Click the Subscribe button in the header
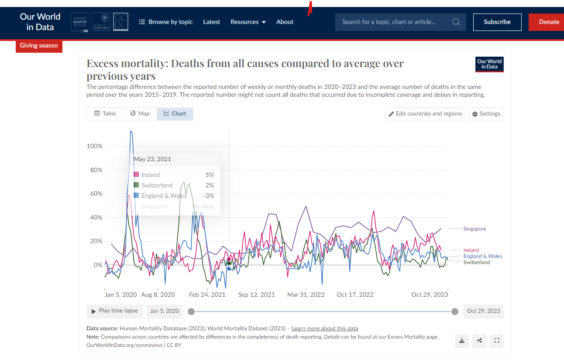497,22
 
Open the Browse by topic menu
166,22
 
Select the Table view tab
105,114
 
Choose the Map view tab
140,114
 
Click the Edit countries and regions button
425,114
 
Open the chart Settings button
486,114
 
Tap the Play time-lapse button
115,311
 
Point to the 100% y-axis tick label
95,146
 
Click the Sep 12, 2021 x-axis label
256,295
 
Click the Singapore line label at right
475,229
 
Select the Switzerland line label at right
476,262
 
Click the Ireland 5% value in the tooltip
210,175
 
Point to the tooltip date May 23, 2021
152,159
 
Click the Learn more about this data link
325,329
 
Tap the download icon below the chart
462,341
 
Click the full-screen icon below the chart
496,341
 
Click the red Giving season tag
39,46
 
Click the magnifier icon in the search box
456,22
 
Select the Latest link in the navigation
211,22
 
